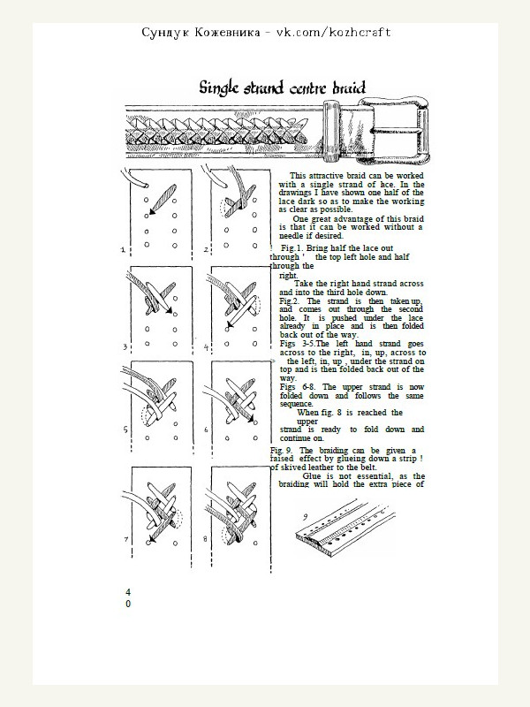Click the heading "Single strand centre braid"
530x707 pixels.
coord(283,87)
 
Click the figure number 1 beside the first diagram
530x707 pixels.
coord(122,250)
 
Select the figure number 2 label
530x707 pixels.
coord(206,250)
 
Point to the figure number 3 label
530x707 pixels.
coord(125,347)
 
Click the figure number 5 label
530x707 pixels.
coord(125,432)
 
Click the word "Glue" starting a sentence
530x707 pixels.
coord(313,475)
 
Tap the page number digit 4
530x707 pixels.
coord(128,590)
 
